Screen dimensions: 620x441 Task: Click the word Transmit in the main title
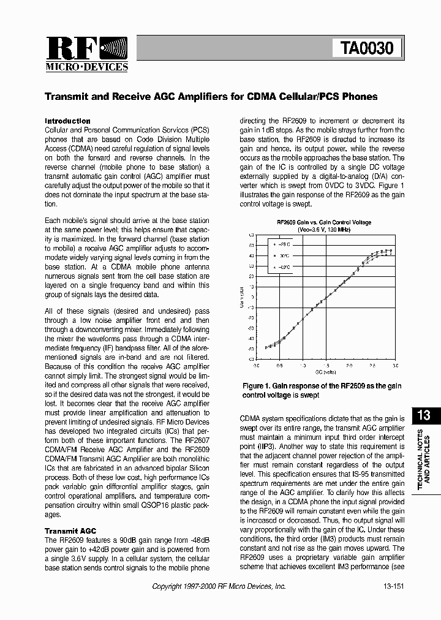[x=68, y=97]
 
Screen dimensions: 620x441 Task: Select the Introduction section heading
[x=68, y=121]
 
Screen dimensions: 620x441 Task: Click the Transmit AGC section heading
[x=70, y=531]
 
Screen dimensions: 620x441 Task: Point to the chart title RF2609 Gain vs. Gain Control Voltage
[x=324, y=222]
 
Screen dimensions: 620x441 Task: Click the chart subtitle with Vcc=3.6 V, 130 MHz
[x=324, y=229]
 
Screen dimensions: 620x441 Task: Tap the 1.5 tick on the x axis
[x=325, y=365]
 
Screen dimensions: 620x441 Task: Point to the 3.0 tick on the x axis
[x=394, y=365]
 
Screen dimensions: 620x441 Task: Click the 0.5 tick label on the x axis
[x=279, y=365]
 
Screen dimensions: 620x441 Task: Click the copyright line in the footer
[x=219, y=586]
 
